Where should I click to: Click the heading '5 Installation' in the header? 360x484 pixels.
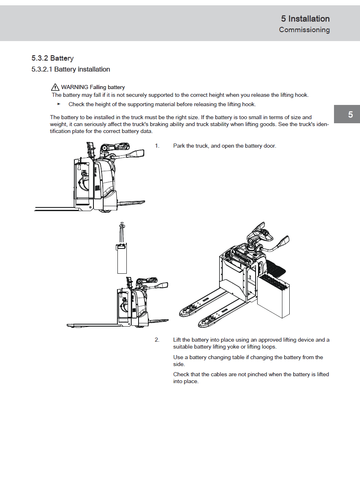coord(305,19)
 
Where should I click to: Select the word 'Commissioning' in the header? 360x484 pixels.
coord(304,30)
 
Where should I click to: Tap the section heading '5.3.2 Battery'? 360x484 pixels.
coord(52,58)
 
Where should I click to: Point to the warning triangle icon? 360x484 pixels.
coord(55,87)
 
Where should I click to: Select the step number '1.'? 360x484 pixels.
coord(157,146)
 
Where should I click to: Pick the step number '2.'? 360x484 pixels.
coord(157,340)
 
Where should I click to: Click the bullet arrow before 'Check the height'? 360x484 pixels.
coord(59,104)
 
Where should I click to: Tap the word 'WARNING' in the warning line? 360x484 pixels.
coord(74,87)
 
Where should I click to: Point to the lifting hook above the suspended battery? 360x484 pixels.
coord(121,226)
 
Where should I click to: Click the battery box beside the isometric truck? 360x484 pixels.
coord(275,295)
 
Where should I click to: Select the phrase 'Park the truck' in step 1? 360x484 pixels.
coord(191,146)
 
